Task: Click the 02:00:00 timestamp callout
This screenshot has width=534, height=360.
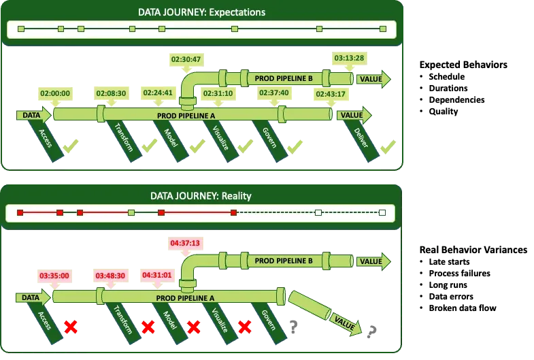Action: tap(54, 93)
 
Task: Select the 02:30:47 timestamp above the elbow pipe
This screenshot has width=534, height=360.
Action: tap(186, 59)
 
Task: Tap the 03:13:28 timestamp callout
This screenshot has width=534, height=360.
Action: tap(349, 58)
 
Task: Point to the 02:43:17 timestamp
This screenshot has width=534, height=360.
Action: tap(331, 94)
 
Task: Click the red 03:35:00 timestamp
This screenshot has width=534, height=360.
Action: tap(54, 276)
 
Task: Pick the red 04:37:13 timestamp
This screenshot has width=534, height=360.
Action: tap(184, 242)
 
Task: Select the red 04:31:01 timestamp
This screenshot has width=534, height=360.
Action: tap(157, 276)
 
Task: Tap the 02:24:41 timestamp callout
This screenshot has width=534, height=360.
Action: tap(158, 93)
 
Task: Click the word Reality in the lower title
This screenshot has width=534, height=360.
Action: tap(235, 196)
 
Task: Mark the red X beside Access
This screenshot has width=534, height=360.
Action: tap(69, 327)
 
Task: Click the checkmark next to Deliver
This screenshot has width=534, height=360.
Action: tap(388, 146)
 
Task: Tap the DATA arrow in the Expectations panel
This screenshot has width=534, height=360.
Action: tap(33, 115)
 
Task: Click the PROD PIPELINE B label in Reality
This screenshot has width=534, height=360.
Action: tap(283, 261)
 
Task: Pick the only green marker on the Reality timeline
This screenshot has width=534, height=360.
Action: tap(131, 213)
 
